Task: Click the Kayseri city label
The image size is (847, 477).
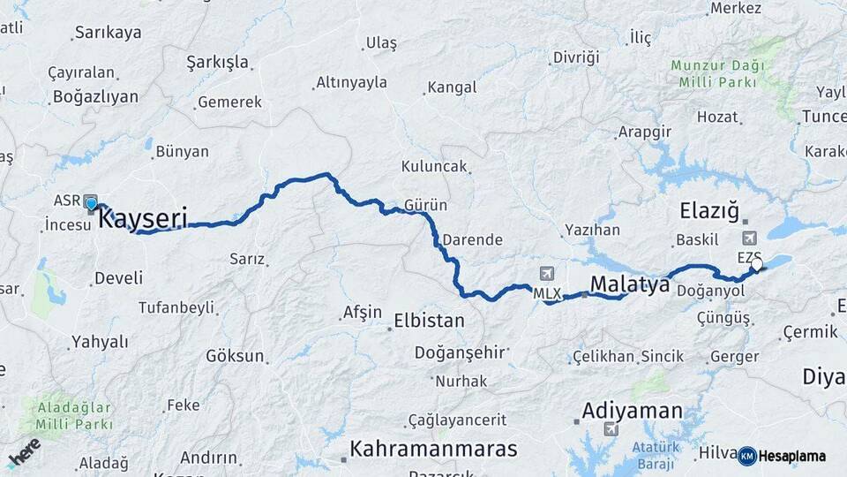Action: click(x=142, y=217)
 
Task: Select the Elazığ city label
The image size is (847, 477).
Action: click(x=708, y=210)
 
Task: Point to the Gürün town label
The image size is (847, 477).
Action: click(x=425, y=205)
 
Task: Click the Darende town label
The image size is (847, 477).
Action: click(x=472, y=239)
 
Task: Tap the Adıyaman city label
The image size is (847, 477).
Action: click(x=632, y=411)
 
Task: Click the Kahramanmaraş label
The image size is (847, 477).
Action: click(x=433, y=449)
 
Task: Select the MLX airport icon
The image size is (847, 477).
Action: click(x=547, y=275)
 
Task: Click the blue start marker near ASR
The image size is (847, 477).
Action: click(x=91, y=204)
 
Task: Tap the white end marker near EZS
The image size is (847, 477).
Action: click(x=756, y=263)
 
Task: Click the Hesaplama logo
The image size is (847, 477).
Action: click(x=782, y=456)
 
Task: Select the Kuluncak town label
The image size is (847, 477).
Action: click(x=433, y=166)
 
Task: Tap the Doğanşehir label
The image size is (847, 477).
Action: click(x=461, y=352)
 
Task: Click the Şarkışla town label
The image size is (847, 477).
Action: click(x=217, y=63)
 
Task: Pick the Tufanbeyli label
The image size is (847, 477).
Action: click(x=176, y=307)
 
